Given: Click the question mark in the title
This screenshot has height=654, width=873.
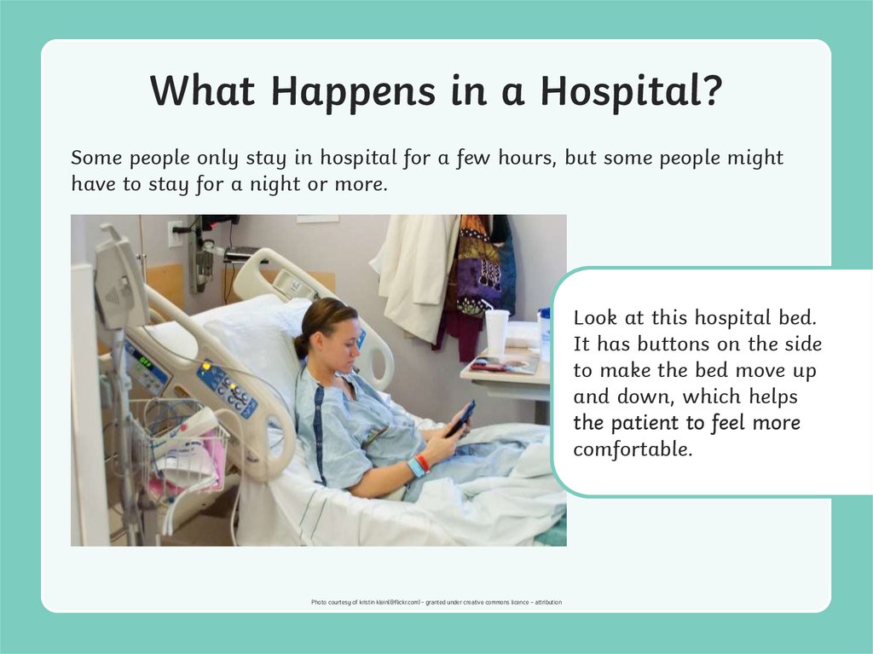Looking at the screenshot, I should (x=711, y=90).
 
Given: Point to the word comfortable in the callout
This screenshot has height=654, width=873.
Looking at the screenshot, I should (x=631, y=449).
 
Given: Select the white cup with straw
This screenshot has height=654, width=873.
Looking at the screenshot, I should (x=496, y=332).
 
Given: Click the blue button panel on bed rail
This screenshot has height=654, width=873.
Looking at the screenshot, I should (x=227, y=391).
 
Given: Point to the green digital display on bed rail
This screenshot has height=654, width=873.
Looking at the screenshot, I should (x=145, y=362).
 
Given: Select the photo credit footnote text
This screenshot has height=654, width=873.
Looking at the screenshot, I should (x=436, y=603).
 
